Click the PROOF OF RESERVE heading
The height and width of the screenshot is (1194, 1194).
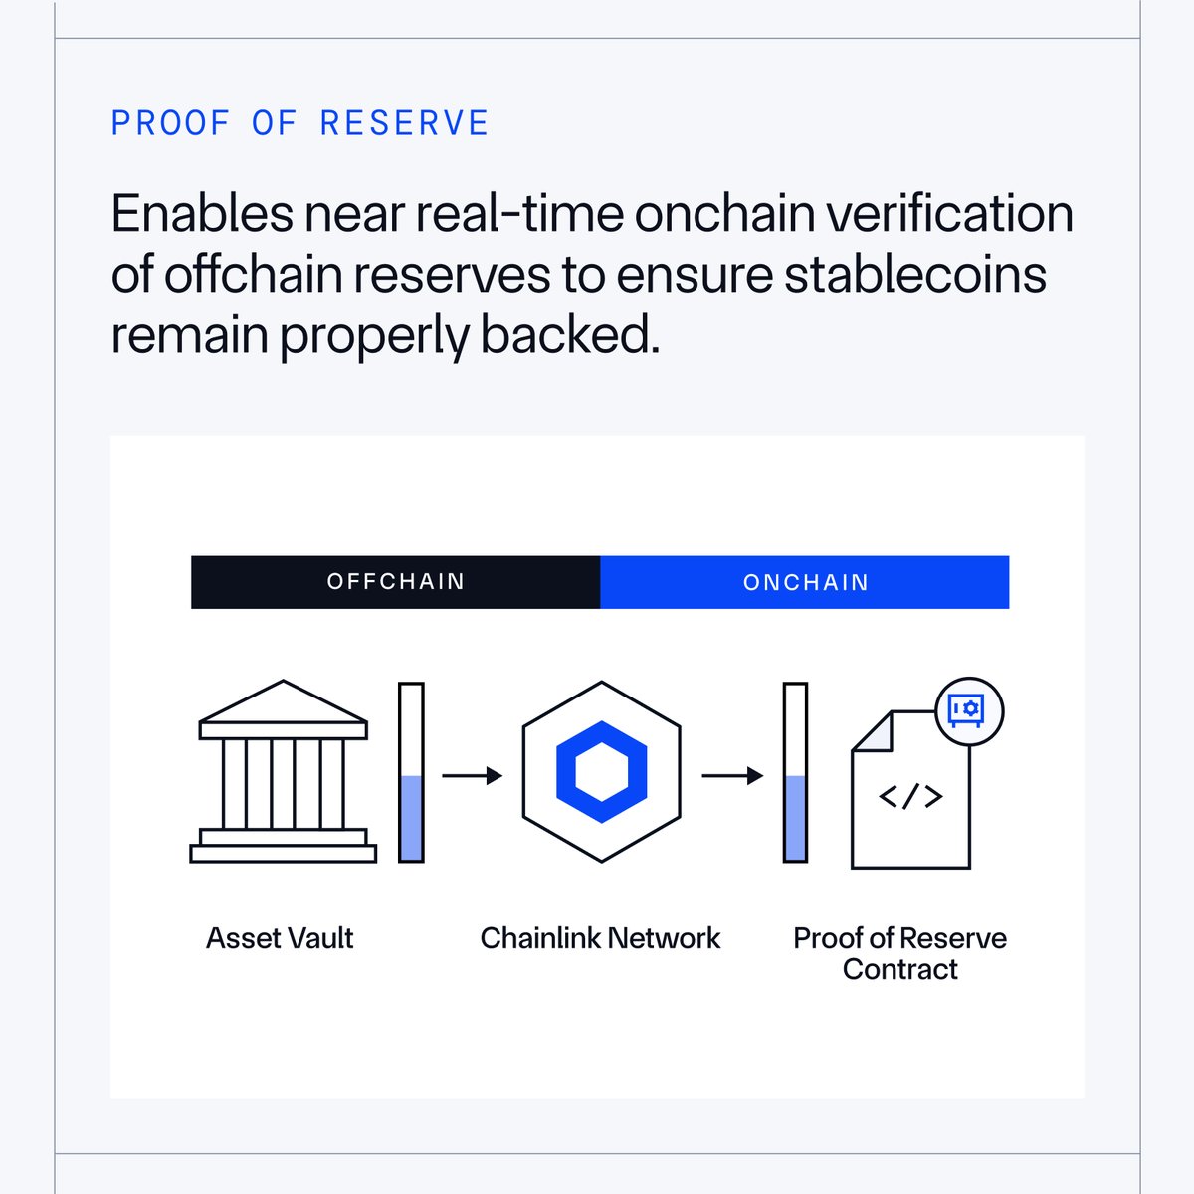299,123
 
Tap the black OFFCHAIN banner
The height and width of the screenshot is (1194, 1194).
396,582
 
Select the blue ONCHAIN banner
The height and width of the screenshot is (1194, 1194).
805,582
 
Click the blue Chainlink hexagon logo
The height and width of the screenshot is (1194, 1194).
602,772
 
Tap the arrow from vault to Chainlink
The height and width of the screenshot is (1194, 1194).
472,775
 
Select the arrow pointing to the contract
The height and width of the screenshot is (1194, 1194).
732,775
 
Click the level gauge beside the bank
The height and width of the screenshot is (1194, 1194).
411,771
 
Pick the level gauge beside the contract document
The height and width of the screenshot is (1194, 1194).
795,771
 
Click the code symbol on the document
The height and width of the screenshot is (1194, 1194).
910,796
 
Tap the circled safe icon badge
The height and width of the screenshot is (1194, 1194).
969,710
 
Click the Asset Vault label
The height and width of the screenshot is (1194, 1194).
280,938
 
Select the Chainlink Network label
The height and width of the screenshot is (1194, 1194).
600,938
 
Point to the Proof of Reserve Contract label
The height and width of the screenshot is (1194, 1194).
899,953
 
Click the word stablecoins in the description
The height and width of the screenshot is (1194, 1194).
915,275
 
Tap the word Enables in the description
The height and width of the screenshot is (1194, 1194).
202,214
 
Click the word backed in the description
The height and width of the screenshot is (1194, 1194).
569,335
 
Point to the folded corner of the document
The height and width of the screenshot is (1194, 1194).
872,732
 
